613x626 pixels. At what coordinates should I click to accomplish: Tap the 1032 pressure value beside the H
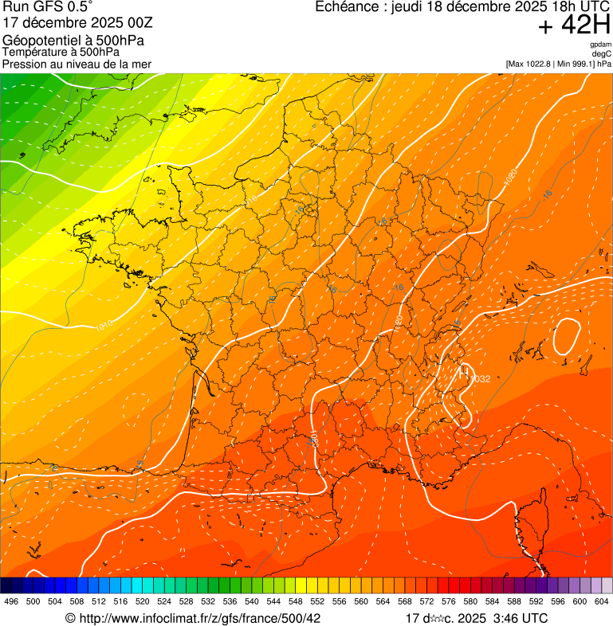tap(481, 379)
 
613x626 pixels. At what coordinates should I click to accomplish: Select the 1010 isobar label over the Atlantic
tap(104, 325)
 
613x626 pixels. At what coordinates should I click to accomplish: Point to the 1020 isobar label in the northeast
tap(511, 178)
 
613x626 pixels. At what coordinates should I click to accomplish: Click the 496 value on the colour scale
tap(11, 602)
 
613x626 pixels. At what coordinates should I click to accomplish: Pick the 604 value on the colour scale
tap(602, 602)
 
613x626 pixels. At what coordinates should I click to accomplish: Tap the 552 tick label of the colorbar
tap(317, 602)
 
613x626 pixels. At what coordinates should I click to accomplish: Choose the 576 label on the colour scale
tap(449, 602)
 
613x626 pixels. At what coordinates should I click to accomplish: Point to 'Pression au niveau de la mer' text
tap(77, 64)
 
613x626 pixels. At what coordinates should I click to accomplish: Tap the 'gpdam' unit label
tap(600, 45)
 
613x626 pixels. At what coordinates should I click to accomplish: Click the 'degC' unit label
tap(602, 54)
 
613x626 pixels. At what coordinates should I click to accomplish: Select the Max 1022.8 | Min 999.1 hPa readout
tap(558, 64)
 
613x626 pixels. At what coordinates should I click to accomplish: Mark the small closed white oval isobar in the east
tap(568, 336)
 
